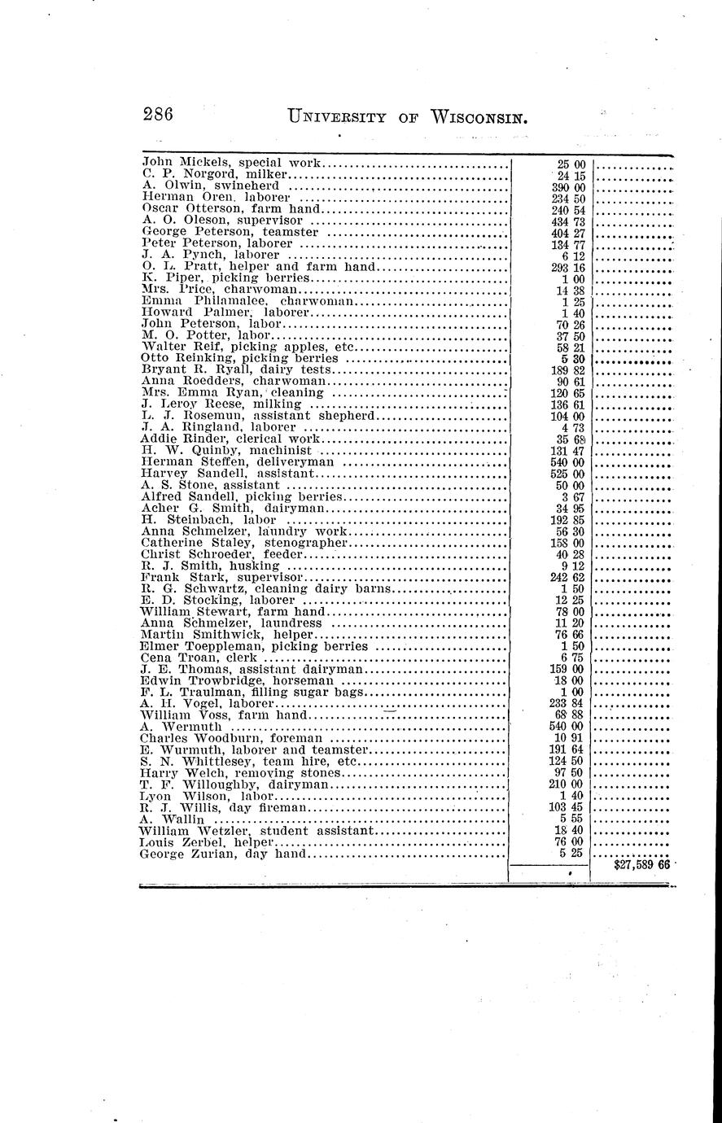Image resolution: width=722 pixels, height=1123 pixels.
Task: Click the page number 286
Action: tap(158, 115)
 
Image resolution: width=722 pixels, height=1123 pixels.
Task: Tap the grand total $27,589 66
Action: tap(641, 865)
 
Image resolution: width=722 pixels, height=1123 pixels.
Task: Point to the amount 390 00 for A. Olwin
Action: tap(571, 186)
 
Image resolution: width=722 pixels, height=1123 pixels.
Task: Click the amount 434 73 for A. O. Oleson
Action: tap(571, 221)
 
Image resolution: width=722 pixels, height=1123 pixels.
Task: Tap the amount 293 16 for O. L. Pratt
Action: tap(571, 267)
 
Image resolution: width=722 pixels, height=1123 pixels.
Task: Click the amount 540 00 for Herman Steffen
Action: tap(571, 461)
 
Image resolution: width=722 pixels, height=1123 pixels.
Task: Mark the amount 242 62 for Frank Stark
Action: tap(571, 577)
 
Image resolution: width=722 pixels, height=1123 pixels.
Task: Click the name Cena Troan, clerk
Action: tap(199, 658)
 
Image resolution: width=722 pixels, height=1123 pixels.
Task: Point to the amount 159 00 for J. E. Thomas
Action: tap(571, 669)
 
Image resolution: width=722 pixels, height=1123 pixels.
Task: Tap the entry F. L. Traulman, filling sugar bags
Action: tap(252, 692)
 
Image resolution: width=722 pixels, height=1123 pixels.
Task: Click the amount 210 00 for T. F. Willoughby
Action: tap(571, 784)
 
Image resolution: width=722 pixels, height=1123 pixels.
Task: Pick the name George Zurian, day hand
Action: tap(223, 854)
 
